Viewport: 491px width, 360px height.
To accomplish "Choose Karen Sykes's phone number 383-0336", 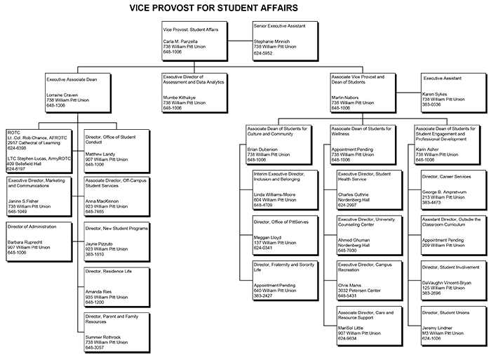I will click(433, 104).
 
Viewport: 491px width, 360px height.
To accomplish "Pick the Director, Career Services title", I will click(445, 177).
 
